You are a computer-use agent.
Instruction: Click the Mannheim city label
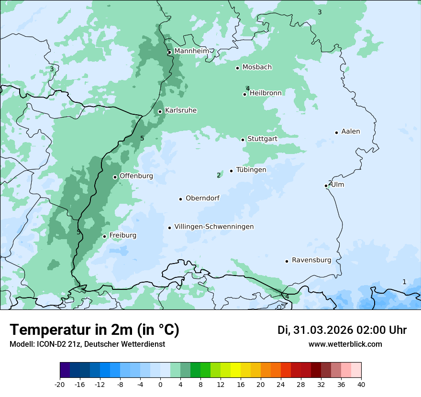click(x=191, y=51)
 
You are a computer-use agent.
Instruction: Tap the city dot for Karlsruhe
click(x=160, y=111)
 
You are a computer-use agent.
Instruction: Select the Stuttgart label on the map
click(x=262, y=139)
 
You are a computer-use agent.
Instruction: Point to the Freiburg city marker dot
click(x=104, y=236)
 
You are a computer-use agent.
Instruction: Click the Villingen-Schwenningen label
click(x=214, y=227)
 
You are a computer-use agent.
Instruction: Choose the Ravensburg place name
click(x=311, y=260)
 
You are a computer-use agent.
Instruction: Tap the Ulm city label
click(x=338, y=185)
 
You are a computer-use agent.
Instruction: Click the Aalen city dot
click(x=336, y=132)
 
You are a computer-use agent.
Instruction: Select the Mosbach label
click(x=257, y=67)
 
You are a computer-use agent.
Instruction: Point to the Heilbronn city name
click(x=266, y=93)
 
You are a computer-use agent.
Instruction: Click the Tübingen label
click(x=251, y=170)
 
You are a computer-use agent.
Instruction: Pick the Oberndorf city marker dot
click(x=180, y=199)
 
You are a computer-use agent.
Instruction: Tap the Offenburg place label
click(x=136, y=176)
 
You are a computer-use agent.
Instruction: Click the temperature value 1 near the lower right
click(x=404, y=282)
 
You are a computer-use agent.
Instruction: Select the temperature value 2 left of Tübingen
click(x=219, y=175)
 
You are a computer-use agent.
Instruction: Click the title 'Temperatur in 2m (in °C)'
click(x=94, y=330)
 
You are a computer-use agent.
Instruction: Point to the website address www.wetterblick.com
click(x=345, y=344)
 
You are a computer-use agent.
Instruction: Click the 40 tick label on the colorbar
click(x=361, y=384)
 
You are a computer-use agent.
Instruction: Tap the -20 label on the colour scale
click(x=60, y=384)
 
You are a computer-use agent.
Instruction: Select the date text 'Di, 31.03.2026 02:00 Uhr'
click(x=342, y=330)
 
